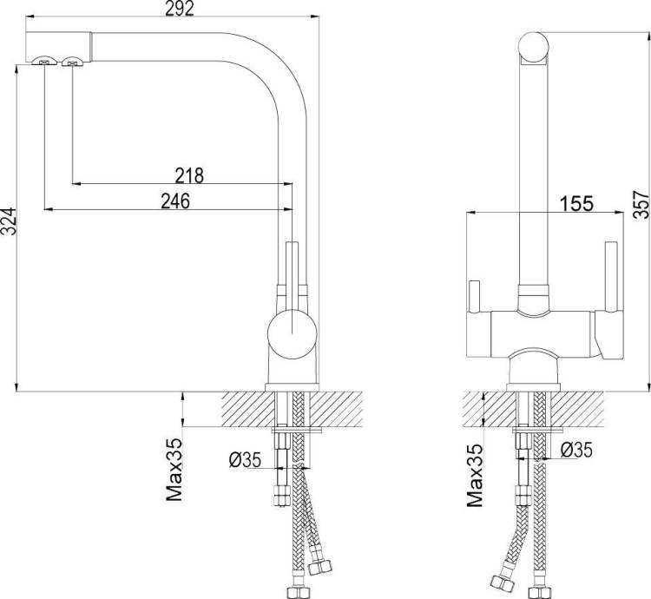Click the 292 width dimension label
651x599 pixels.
(180, 9)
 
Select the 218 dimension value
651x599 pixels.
(189, 175)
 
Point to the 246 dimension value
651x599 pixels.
(175, 201)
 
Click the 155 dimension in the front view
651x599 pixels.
(576, 204)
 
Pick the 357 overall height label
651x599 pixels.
(641, 204)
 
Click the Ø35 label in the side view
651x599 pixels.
(245, 460)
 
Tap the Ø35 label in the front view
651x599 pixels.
(576, 450)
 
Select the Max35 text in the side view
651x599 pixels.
(174, 470)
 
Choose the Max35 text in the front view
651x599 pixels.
(475, 476)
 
